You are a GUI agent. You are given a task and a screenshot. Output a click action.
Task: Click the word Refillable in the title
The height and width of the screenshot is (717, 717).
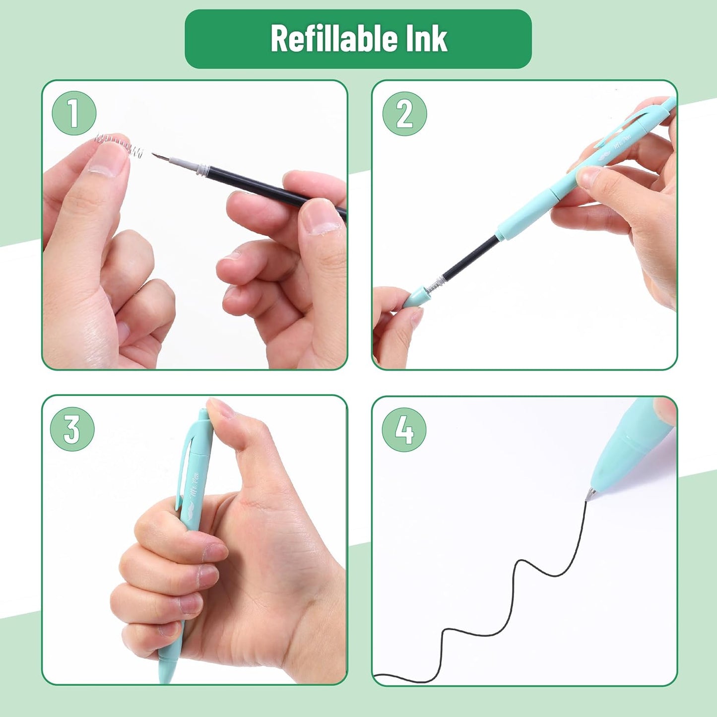pos(332,39)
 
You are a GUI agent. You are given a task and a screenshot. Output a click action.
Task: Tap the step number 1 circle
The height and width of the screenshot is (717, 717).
pos(73,113)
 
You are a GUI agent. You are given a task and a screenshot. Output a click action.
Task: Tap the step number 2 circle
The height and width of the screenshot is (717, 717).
pos(404,114)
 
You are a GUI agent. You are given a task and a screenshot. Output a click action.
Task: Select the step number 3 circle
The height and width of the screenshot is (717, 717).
pos(72,429)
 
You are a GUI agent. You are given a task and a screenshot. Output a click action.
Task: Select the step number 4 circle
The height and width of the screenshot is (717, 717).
pos(404,430)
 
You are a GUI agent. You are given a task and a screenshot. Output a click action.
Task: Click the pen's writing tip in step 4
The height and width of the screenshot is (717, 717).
pos(590,494)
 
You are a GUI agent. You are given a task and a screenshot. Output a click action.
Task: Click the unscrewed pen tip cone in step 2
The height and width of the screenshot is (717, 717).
pos(415,297)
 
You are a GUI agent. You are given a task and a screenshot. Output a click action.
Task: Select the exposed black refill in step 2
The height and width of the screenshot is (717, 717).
pos(471,260)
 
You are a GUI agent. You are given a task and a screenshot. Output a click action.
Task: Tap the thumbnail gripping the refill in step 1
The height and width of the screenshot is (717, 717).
pos(320,217)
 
